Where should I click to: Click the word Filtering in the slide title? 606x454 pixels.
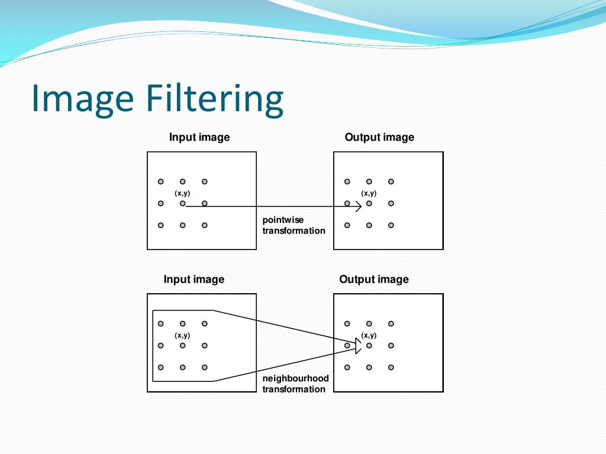pos(214,99)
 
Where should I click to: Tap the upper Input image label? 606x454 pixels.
pos(199,137)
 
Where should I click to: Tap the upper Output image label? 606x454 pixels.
pos(379,137)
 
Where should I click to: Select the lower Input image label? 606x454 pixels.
pos(194,279)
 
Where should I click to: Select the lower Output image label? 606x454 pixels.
pos(374,279)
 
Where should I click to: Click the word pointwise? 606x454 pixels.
pos(283,220)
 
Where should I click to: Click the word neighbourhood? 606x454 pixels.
pos(295,378)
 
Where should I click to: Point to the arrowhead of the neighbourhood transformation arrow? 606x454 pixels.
pos(357,345)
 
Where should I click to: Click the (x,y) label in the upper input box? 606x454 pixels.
pos(182,193)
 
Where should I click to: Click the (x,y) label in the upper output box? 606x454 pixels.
pos(369,193)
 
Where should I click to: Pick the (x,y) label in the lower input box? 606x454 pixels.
pos(182,335)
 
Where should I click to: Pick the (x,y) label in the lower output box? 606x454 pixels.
pos(369,335)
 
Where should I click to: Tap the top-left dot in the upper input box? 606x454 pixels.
pos(160,181)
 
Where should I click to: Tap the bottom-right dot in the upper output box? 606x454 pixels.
pos(391,225)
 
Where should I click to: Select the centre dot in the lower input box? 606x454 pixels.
pos(182,345)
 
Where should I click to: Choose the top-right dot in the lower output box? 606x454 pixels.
pos(391,323)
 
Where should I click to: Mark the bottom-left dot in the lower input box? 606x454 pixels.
pos(160,367)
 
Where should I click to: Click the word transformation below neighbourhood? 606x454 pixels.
pos(294,389)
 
